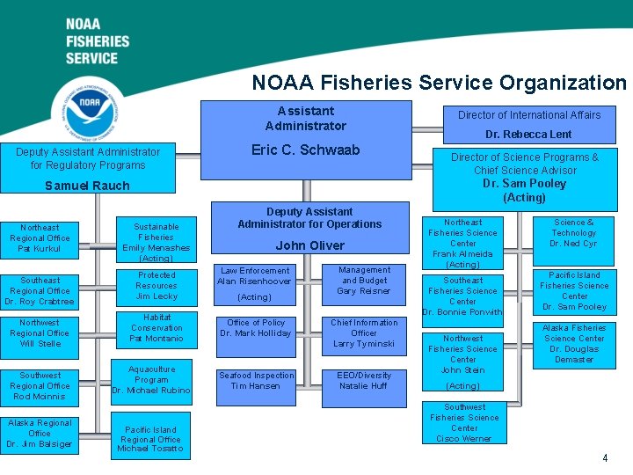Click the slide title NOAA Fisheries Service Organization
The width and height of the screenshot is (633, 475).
pyautogui.click(x=439, y=83)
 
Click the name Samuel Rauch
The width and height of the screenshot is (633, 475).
pyautogui.click(x=87, y=186)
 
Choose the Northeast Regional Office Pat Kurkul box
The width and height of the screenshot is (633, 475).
pyautogui.click(x=40, y=238)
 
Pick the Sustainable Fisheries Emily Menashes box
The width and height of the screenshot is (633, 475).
pyautogui.click(x=156, y=242)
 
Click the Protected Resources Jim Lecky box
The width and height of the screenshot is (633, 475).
pyautogui.click(x=156, y=286)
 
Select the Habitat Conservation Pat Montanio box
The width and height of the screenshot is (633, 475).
pyautogui.click(x=156, y=328)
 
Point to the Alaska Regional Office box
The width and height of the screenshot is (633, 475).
pyautogui.click(x=40, y=433)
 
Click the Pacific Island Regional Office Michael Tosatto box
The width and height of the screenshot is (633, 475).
pyautogui.click(x=150, y=439)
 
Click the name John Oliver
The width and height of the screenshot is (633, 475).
pyautogui.click(x=309, y=245)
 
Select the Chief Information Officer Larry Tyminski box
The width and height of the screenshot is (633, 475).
pyautogui.click(x=364, y=333)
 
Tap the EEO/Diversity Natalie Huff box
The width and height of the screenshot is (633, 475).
pyautogui.click(x=364, y=381)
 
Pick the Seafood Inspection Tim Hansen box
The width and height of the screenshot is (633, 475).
pyautogui.click(x=256, y=381)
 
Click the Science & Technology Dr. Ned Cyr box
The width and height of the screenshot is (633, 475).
pyautogui.click(x=574, y=234)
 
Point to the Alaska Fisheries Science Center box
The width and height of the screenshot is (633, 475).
pyautogui.click(x=574, y=344)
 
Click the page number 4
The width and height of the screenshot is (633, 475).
pyautogui.click(x=605, y=458)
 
